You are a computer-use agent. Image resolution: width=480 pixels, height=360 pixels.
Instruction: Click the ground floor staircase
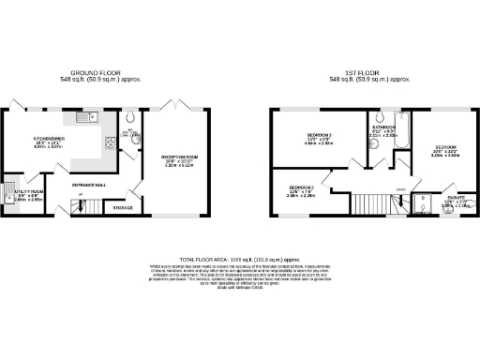pyautogui.click(x=66, y=200)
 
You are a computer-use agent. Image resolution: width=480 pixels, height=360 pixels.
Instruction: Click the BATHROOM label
pyautogui.click(x=384, y=127)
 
